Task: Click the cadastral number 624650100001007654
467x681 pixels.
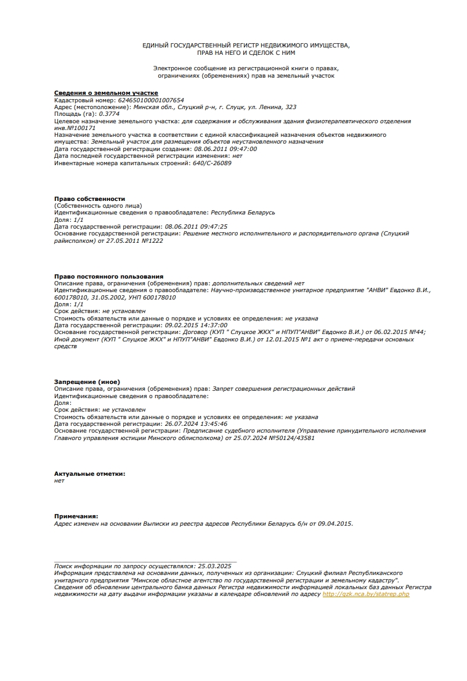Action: click(151, 100)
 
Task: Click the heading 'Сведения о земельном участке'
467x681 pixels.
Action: click(97, 92)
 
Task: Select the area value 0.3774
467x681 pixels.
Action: click(109, 114)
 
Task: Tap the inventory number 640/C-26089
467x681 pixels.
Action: click(212, 163)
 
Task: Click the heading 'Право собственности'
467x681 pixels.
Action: click(89, 199)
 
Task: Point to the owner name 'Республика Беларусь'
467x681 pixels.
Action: click(243, 213)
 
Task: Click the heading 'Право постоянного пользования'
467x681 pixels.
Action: click(108, 276)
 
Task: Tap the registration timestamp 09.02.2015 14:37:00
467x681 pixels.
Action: click(197, 325)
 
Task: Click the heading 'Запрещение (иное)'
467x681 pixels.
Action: click(87, 381)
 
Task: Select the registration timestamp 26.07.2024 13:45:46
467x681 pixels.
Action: click(197, 424)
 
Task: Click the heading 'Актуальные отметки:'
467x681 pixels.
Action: click(89, 473)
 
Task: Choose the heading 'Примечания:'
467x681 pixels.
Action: click(76, 516)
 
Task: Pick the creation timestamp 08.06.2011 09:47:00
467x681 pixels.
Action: click(225, 149)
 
